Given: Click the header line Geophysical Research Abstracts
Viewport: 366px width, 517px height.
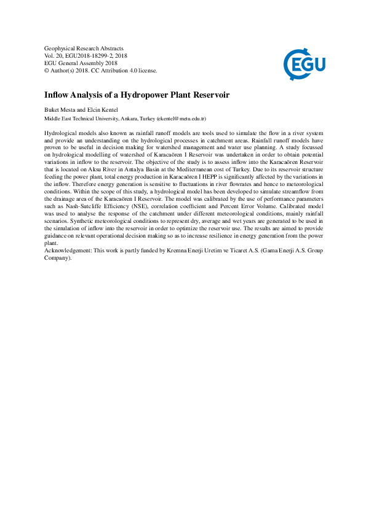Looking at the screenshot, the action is (84, 48).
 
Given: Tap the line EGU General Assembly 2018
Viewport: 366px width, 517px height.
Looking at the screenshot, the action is (81, 63).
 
